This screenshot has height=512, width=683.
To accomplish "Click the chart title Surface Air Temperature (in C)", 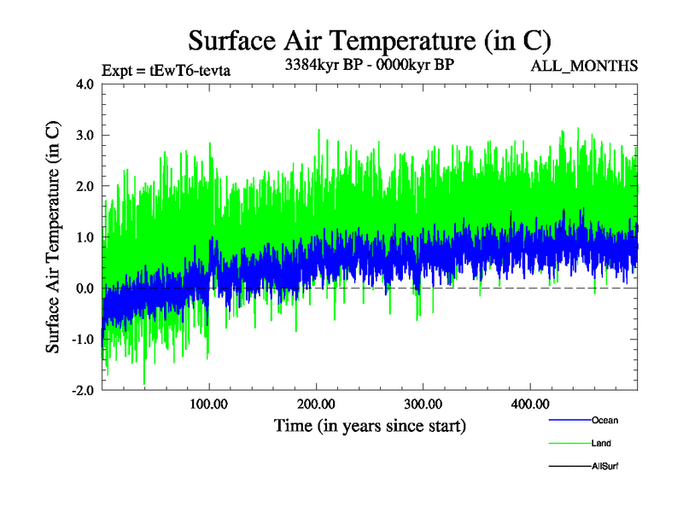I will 369,41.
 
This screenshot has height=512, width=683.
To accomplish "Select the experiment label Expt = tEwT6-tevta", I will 166,69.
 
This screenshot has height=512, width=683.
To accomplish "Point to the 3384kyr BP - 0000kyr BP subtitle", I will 370,64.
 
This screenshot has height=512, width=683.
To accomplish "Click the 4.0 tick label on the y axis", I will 85,84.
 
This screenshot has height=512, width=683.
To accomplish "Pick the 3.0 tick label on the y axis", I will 85,135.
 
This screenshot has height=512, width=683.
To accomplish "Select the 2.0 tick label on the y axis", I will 85,186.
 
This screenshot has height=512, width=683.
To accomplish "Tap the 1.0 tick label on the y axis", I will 85,237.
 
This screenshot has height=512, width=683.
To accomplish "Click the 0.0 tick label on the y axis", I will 85,288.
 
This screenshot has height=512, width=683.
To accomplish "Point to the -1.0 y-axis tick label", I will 82,340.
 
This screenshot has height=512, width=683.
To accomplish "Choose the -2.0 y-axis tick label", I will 82,390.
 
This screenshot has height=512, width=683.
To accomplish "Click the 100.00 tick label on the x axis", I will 209,404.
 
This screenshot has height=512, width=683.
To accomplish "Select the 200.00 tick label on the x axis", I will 316,404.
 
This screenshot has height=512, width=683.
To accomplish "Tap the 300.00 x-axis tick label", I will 423,404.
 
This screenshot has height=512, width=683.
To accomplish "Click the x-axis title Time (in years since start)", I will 370,425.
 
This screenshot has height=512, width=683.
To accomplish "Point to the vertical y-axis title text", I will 53,237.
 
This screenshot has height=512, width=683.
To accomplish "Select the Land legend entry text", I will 601,444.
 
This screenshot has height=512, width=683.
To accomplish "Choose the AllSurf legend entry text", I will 604,466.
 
